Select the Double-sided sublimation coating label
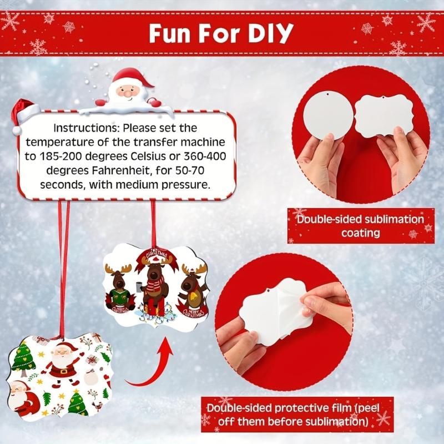pos(359,225)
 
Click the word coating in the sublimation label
pos(360,233)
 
